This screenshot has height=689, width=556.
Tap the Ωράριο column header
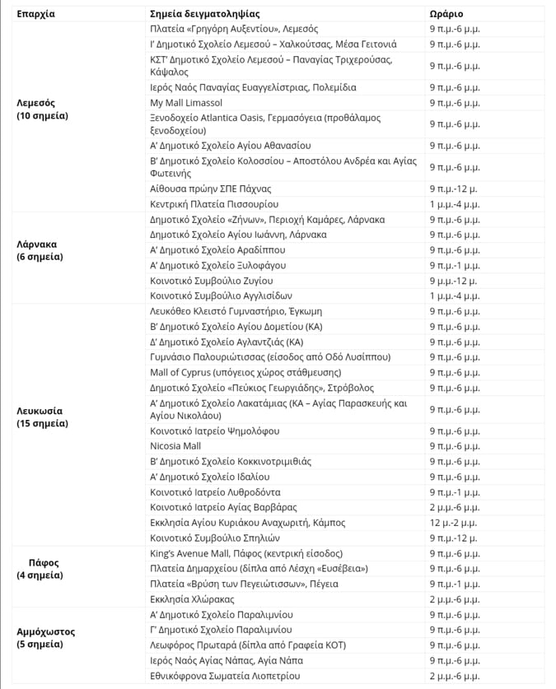click(x=446, y=14)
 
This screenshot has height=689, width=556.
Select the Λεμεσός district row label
click(x=42, y=109)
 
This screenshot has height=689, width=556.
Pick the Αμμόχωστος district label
click(x=46, y=638)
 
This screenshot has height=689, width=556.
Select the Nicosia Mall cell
click(x=175, y=446)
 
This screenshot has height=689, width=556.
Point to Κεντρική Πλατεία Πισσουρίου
click(x=213, y=203)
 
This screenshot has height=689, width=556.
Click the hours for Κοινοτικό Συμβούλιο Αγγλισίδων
click(x=453, y=296)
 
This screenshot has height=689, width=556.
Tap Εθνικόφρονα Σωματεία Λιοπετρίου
click(x=224, y=676)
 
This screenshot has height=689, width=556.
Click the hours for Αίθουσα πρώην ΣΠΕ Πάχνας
click(x=454, y=189)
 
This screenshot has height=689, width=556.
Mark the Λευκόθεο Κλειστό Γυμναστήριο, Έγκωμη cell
click(x=236, y=312)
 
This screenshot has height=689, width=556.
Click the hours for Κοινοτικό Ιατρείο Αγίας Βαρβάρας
click(x=454, y=507)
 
